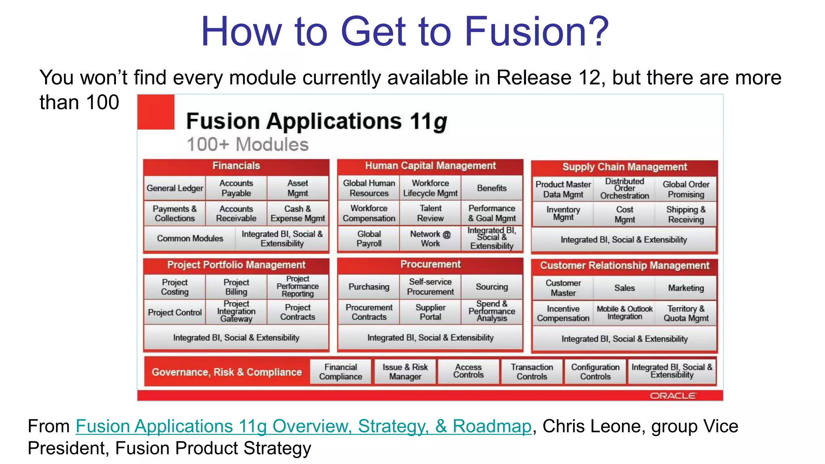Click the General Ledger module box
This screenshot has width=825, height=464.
(x=175, y=188)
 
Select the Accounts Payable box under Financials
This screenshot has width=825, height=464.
(x=236, y=188)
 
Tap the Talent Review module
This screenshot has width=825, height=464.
(x=430, y=213)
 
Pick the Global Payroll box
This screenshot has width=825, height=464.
(x=369, y=238)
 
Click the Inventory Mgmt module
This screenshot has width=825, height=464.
(x=563, y=214)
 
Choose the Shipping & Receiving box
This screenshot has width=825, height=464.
(x=686, y=214)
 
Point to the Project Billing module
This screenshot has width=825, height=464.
(x=236, y=287)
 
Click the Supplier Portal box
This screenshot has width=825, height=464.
(x=430, y=312)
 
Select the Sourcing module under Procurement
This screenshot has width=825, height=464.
(x=491, y=287)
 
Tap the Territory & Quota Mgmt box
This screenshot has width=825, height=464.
(x=686, y=313)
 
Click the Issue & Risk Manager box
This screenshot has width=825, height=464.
(x=405, y=371)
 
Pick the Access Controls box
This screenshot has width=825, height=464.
(x=468, y=371)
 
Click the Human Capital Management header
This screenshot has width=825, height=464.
(x=430, y=166)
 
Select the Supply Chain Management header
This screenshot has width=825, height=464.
(x=624, y=167)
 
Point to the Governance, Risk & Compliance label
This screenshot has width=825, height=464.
(x=226, y=372)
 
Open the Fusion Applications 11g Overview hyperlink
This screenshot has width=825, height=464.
(x=303, y=427)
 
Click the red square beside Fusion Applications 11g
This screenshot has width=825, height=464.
(x=156, y=112)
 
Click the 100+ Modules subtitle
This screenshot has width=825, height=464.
(x=247, y=145)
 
